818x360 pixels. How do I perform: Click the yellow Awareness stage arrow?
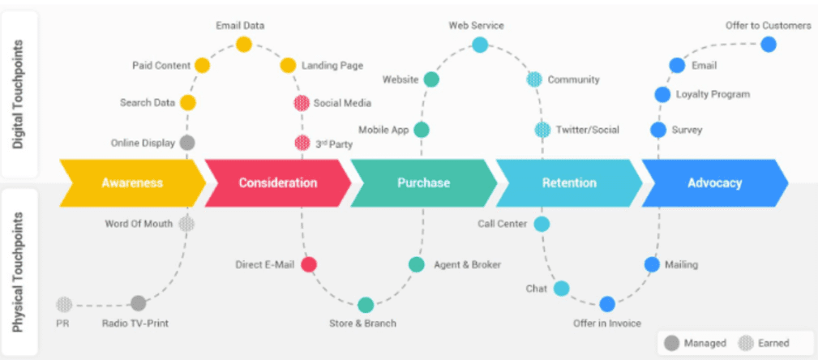click(132, 182)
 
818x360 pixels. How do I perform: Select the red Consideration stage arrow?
click(277, 182)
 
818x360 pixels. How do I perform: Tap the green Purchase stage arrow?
click(423, 182)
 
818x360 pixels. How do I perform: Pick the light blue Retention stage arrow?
click(568, 182)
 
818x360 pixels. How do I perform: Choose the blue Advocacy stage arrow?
click(715, 182)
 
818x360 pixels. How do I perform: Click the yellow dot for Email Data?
click(244, 45)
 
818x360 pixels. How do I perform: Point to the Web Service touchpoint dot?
click(480, 45)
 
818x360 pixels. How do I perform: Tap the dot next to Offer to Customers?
click(769, 45)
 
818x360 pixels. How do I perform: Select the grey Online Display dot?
click(186, 143)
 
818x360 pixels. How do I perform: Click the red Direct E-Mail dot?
click(309, 264)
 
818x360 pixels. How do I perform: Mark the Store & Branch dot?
click(366, 305)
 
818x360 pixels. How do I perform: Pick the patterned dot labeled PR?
click(64, 304)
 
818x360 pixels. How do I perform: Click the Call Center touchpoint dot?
click(542, 224)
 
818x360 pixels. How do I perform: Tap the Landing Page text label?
click(332, 66)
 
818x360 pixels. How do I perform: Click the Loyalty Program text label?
click(713, 94)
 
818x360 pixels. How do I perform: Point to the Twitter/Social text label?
click(588, 130)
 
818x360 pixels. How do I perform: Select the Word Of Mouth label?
click(139, 224)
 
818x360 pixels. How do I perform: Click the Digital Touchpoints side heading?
click(19, 94)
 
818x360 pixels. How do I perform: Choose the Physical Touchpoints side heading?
click(19, 272)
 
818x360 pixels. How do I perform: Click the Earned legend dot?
click(746, 343)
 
